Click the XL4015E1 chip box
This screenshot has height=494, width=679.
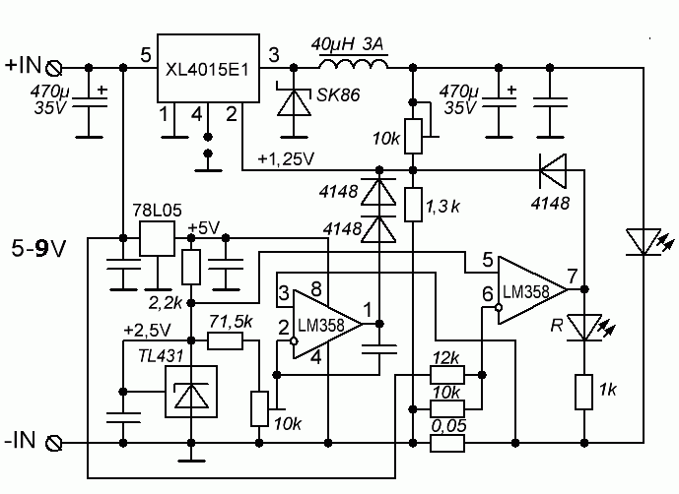click(208, 68)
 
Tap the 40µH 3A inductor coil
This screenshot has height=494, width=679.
click(354, 64)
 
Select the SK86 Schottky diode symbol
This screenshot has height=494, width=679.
click(294, 102)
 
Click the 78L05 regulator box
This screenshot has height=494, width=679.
click(158, 239)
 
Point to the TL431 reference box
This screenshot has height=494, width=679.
click(191, 392)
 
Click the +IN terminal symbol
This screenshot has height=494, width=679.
click(54, 68)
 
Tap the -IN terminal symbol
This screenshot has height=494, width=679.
click(54, 443)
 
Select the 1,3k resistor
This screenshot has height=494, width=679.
click(413, 205)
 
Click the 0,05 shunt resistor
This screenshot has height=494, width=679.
click(447, 444)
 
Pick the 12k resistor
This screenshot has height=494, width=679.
click(447, 375)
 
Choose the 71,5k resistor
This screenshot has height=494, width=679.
click(225, 340)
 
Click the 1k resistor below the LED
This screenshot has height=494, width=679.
click(583, 393)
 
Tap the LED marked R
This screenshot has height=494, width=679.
click(584, 328)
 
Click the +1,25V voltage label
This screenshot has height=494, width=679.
click(286, 159)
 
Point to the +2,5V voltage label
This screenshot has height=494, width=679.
click(147, 330)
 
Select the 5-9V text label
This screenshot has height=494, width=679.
click(39, 249)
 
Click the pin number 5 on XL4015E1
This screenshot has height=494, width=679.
click(146, 55)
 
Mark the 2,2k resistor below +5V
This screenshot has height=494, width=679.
click(191, 267)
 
